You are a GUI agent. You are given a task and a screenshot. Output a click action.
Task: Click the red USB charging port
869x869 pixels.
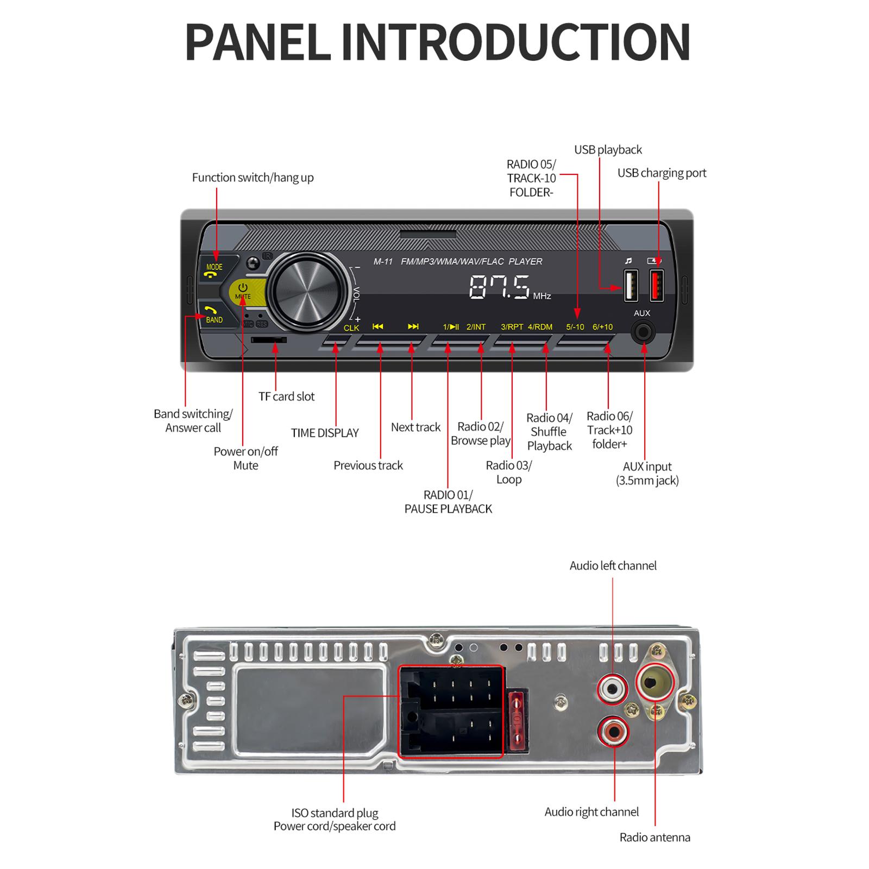[x=657, y=285]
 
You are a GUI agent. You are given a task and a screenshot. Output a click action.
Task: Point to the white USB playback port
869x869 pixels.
[x=630, y=285]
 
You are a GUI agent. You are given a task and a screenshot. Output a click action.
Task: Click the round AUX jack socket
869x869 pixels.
[x=643, y=332]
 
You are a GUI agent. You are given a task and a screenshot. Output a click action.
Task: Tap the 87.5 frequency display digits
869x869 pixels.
[x=499, y=287]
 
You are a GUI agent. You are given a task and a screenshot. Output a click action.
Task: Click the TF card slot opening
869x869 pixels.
[x=268, y=340]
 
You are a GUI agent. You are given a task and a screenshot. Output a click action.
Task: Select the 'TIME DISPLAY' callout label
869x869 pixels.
[x=325, y=433]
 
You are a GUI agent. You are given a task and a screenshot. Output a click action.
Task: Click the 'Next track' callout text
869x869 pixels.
[x=415, y=427]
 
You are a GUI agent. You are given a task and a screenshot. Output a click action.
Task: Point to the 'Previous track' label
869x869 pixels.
[x=368, y=465]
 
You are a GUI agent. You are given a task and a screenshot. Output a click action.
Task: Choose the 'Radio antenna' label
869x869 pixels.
[x=654, y=837]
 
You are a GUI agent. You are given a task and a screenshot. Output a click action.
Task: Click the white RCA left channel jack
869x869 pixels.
[x=613, y=689]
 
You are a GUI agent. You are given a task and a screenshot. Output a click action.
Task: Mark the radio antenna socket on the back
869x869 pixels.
[x=654, y=682]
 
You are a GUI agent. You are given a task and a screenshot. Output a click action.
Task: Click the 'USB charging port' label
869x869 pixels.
[x=662, y=173]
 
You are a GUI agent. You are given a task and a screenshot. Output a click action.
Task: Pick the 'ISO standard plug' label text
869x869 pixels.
[x=335, y=813]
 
